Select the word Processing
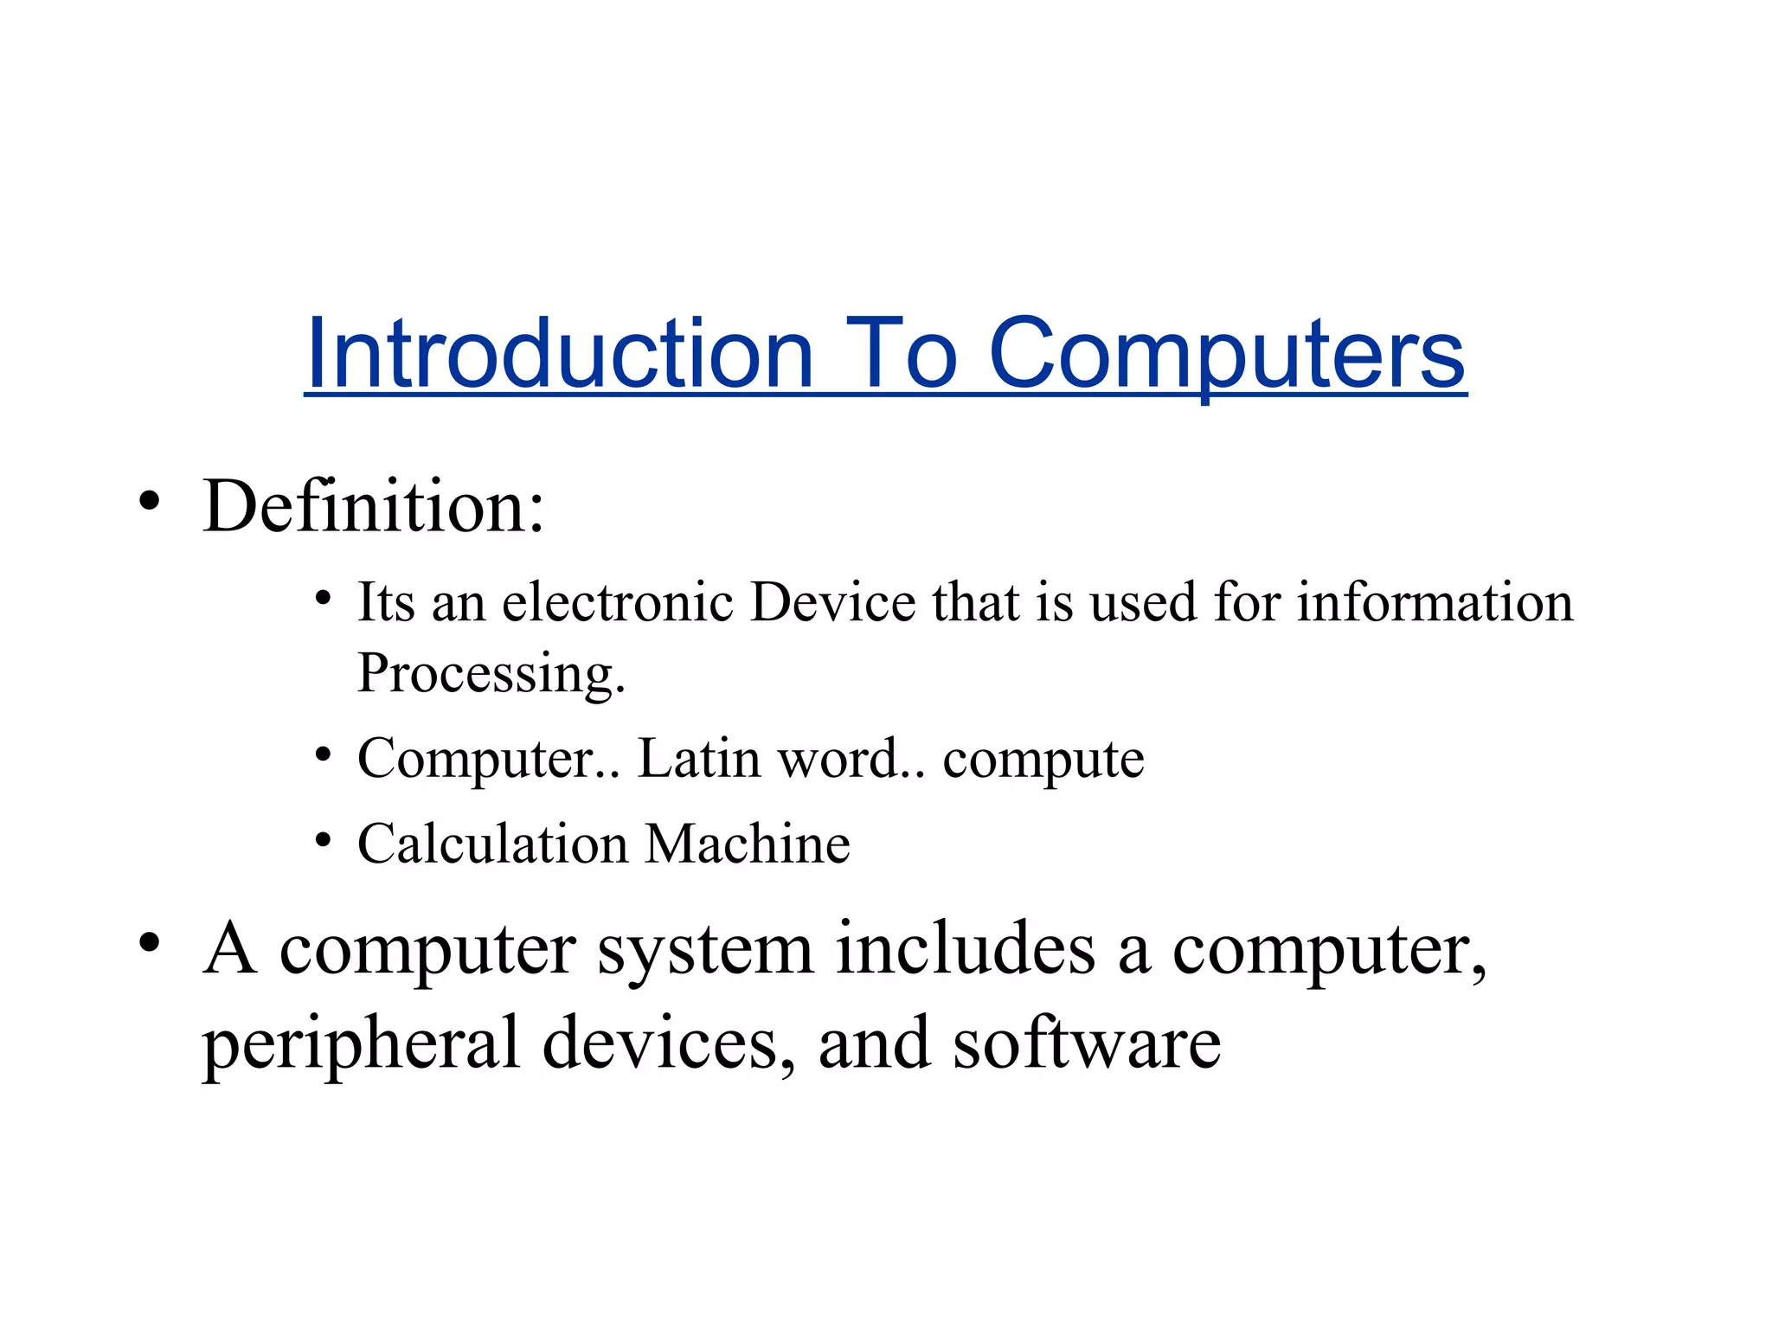(490, 673)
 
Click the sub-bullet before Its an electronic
(323, 598)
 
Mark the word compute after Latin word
(1043, 761)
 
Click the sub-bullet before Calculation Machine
(323, 839)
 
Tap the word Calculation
(492, 844)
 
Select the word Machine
(748, 844)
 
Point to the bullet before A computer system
(150, 943)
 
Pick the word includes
(966, 948)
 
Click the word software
(1087, 1043)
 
